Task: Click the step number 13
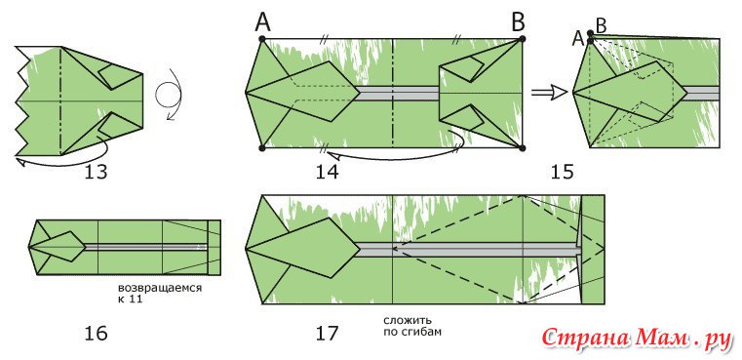pos(97,172)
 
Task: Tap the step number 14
pos(328,172)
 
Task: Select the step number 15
pos(563,172)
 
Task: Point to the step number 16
pos(97,334)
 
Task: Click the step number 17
pos(328,334)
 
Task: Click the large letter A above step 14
pos(262,21)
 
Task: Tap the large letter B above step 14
pos(520,21)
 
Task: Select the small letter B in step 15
pos(601,26)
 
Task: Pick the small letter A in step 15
pos(578,38)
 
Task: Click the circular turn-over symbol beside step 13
pos(168,95)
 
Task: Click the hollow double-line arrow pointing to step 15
pos(549,93)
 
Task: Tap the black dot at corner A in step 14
pos(262,39)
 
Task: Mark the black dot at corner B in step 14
pos(523,39)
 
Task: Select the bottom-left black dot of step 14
pos(262,148)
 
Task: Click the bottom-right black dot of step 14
pos(523,148)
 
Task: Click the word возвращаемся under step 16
pos(160,289)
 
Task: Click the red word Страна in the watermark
pos(586,338)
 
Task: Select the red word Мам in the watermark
pos(661,338)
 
